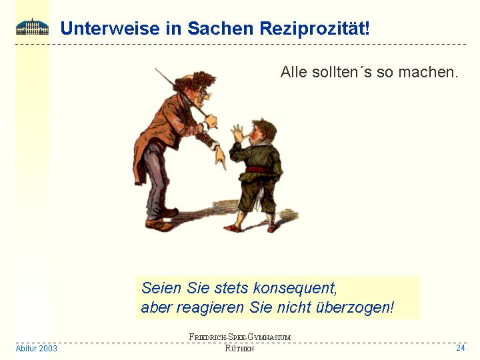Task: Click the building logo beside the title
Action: [32, 27]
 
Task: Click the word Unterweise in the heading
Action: [110, 28]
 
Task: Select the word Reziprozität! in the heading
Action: [315, 29]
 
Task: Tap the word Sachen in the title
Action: [221, 28]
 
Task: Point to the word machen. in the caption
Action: [428, 72]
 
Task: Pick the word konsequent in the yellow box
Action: [295, 288]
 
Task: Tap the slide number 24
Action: [461, 348]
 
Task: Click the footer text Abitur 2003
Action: [36, 349]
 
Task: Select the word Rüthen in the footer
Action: [239, 349]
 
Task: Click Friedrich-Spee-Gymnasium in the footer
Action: [240, 337]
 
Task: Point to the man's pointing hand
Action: [220, 157]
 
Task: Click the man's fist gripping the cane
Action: [211, 121]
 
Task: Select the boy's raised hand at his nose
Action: [239, 133]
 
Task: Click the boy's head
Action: [263, 131]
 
